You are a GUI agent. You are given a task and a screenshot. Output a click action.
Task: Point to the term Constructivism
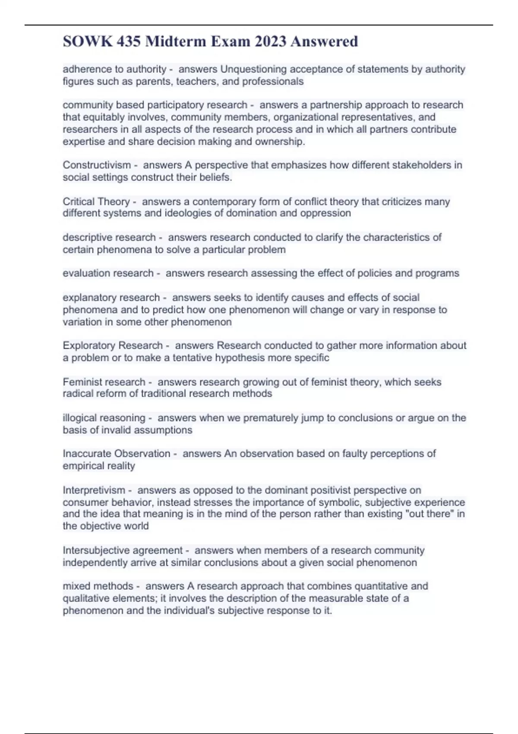pos(97,165)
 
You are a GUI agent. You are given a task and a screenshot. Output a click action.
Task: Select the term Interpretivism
pos(94,490)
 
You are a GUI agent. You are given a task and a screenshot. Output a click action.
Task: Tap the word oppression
pos(325,213)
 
